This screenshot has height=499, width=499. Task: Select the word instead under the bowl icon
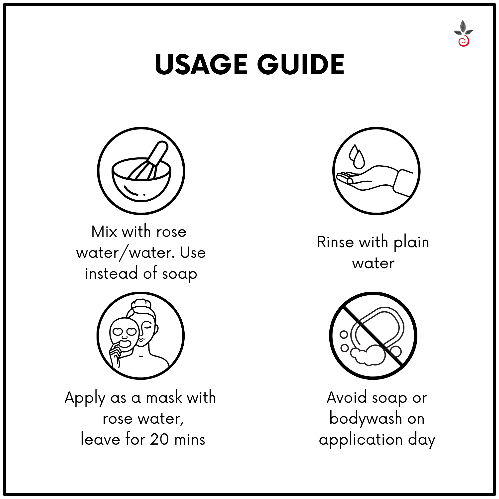111,273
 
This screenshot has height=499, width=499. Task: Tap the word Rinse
335,242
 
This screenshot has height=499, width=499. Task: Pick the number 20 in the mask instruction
159,439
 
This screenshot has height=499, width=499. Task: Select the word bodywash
366,419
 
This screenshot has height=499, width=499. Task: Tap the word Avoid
347,397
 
